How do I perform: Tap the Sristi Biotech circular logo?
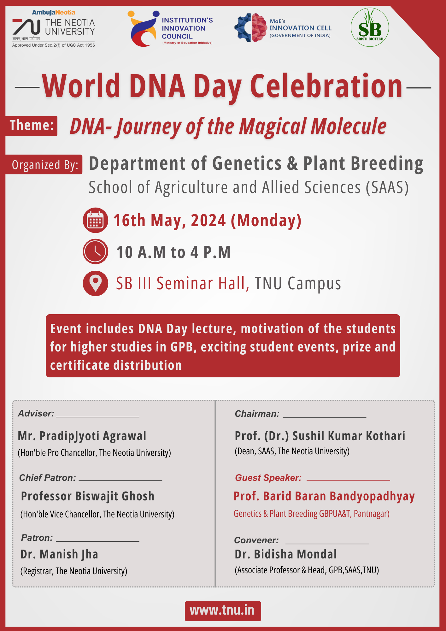pos(370,27)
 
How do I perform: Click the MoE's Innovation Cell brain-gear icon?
pos(251,27)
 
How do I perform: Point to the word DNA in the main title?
pos(157,86)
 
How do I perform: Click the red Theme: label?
pos(32,126)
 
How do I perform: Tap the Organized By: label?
pos(44,164)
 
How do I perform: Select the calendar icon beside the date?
pos(96,220)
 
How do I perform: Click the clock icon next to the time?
pos(96,251)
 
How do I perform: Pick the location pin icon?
pos(96,283)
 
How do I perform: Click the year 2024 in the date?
pos(208,220)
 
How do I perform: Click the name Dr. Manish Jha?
pos(59,554)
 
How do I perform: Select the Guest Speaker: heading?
pos(268,478)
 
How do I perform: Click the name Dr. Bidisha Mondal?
pos(286,554)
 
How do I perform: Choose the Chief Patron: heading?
pos(48,478)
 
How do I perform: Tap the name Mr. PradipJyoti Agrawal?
pos(82,436)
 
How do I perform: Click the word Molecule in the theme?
pos(349,126)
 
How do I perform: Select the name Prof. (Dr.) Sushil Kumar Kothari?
pos(320,436)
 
